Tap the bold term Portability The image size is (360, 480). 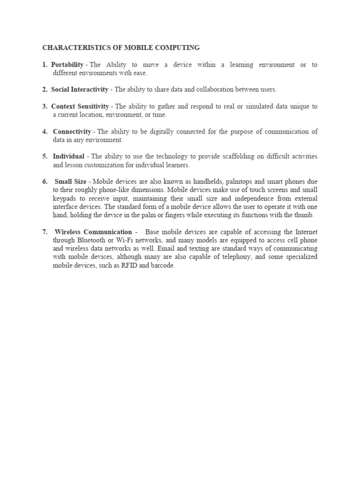point(67,65)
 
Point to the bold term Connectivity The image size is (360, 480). point(72,132)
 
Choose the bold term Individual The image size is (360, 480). point(69,156)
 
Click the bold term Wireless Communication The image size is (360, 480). point(93,232)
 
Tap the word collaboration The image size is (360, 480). point(194,89)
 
